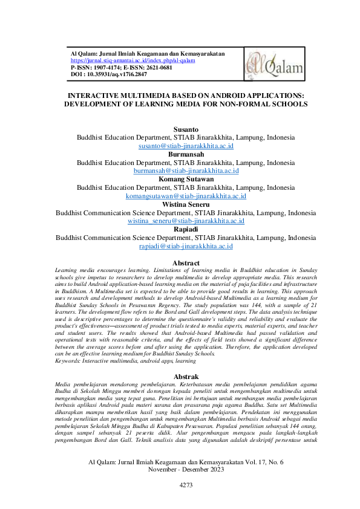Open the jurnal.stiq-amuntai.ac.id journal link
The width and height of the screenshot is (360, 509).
(133, 60)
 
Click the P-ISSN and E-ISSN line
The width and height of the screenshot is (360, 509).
(121, 67)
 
